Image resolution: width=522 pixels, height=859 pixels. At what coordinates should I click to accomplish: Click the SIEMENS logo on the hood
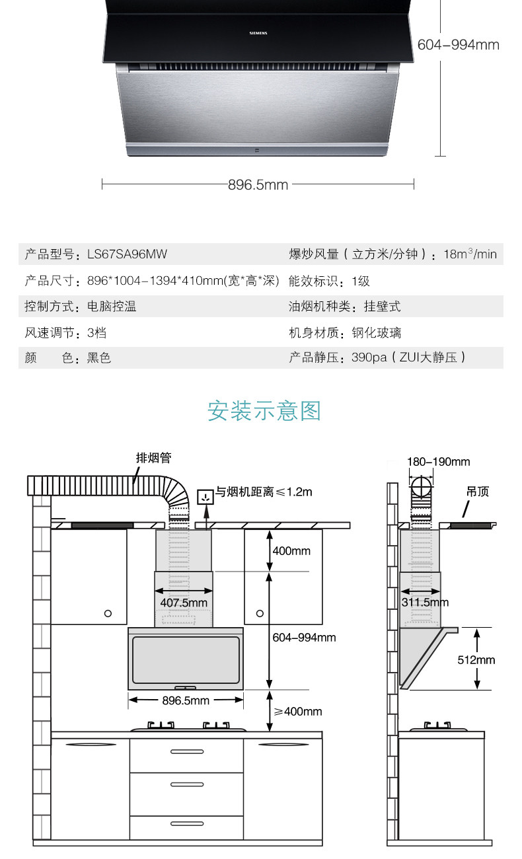[x=258, y=30]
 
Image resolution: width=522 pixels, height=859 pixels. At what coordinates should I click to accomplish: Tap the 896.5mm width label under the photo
[x=258, y=184]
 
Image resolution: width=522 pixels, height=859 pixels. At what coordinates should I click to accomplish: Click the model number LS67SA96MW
[x=123, y=254]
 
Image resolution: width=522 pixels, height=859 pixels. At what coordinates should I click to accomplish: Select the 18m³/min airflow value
[x=470, y=254]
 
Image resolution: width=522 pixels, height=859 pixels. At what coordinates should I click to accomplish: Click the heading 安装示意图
[x=264, y=411]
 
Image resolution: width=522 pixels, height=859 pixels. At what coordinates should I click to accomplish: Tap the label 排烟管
[x=153, y=458]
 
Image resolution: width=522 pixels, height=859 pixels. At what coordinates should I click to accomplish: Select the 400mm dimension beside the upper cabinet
[x=291, y=550]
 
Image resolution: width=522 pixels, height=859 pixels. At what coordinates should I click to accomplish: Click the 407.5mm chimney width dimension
[x=184, y=603]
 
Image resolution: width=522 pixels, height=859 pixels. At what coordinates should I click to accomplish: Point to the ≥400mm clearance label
[x=298, y=711]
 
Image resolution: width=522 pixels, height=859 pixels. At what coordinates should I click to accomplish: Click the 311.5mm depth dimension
[x=425, y=602]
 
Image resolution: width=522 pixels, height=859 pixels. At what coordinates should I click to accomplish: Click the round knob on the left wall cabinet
[x=108, y=614]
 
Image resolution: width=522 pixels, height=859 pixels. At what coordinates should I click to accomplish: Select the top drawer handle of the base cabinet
[x=187, y=751]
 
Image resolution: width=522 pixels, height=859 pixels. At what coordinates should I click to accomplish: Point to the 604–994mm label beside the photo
[x=459, y=45]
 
